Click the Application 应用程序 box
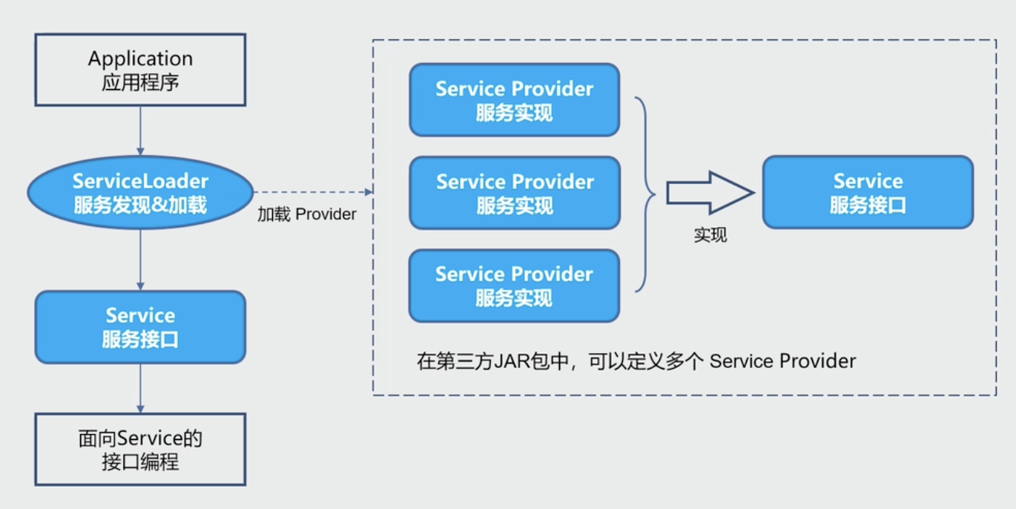point(140,70)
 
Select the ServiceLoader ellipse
point(140,192)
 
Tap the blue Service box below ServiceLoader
point(140,327)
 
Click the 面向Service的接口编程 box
point(140,450)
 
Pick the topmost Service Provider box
point(514,100)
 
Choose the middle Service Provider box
point(514,193)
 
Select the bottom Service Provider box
point(514,286)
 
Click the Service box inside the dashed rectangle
point(868,192)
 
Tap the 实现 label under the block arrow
point(710,235)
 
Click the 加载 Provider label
point(307,214)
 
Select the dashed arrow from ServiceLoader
point(311,192)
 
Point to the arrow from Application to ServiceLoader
point(140,131)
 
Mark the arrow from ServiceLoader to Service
point(140,260)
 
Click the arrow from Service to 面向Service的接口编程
point(140,388)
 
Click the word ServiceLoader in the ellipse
point(140,181)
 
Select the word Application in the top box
point(140,59)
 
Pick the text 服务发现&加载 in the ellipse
point(140,204)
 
